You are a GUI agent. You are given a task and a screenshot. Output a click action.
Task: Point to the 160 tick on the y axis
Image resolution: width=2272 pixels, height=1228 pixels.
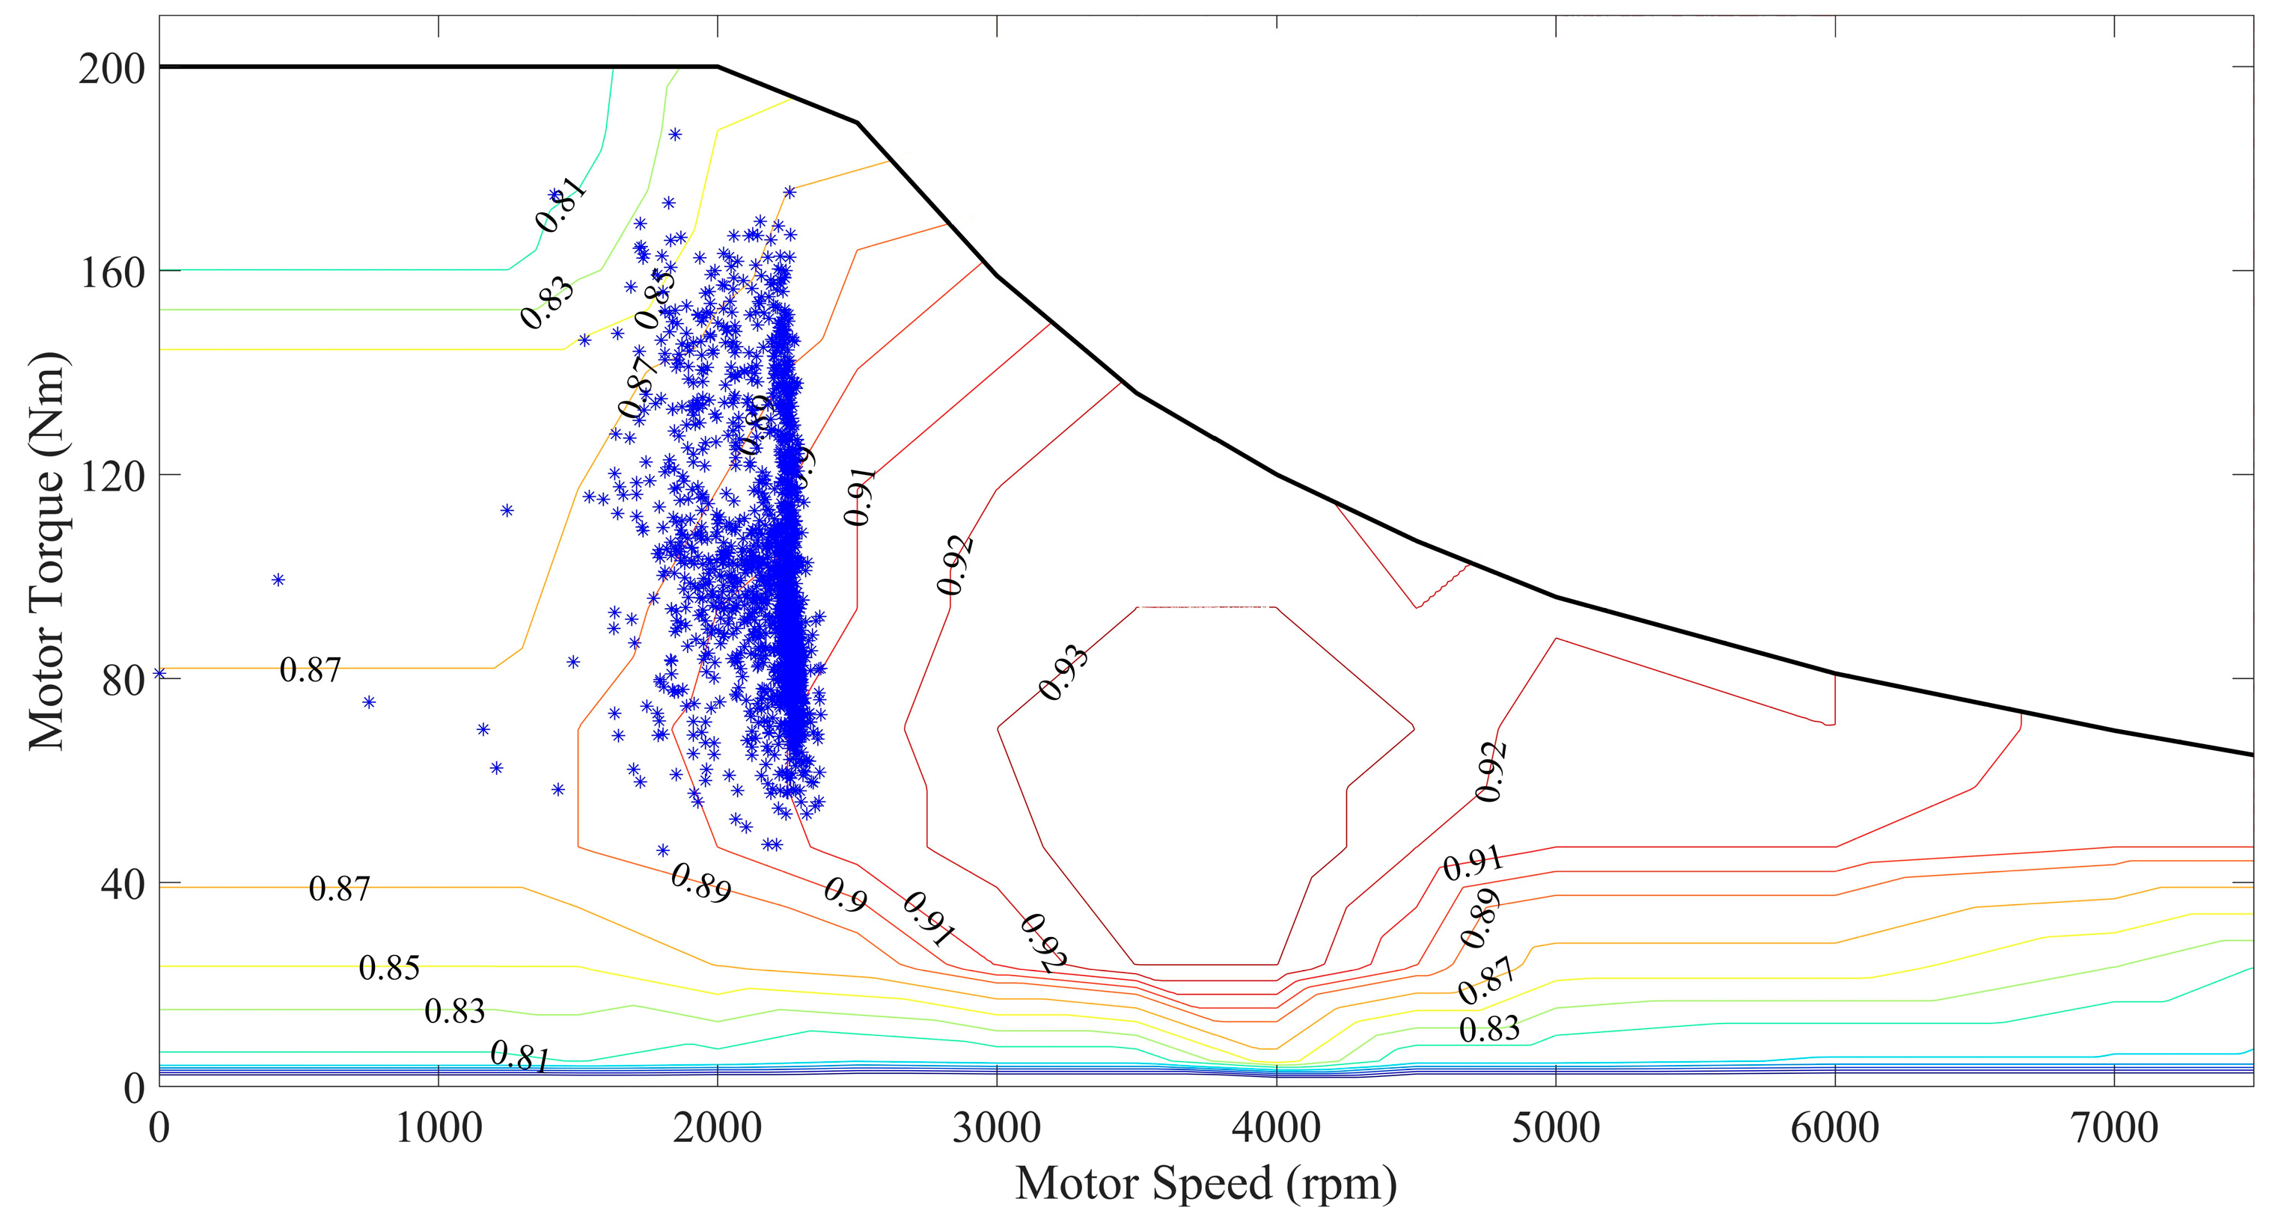112,272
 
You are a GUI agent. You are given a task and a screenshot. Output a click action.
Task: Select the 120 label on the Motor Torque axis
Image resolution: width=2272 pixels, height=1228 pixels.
112,476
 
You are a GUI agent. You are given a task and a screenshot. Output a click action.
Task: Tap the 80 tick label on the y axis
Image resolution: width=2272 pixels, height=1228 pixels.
123,681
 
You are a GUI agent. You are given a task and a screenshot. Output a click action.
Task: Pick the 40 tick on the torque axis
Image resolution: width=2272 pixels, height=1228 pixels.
123,884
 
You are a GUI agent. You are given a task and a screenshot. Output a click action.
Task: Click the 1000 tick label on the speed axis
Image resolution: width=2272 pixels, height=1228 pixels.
439,1129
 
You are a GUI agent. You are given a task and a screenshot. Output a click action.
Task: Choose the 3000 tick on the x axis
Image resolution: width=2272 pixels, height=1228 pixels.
997,1129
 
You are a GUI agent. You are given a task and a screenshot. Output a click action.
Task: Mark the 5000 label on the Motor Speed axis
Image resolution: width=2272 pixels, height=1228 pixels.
1556,1129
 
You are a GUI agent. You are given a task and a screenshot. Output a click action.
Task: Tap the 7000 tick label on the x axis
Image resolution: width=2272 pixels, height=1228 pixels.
2114,1129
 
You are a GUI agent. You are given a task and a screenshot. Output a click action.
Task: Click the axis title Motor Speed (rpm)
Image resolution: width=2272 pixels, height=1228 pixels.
1206,1184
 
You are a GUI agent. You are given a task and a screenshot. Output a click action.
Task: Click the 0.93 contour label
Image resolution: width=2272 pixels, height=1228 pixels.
1063,672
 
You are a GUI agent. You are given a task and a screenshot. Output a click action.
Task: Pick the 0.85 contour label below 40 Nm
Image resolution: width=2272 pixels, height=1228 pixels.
389,968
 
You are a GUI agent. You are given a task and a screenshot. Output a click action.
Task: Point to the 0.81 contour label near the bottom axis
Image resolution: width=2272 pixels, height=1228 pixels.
519,1056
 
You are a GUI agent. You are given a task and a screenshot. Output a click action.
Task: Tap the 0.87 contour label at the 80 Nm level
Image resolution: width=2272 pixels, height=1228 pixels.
310,670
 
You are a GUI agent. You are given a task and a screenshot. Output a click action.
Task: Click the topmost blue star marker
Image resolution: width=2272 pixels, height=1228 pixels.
675,135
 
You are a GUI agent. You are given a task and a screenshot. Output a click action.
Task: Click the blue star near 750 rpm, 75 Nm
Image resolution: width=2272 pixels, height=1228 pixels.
369,702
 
